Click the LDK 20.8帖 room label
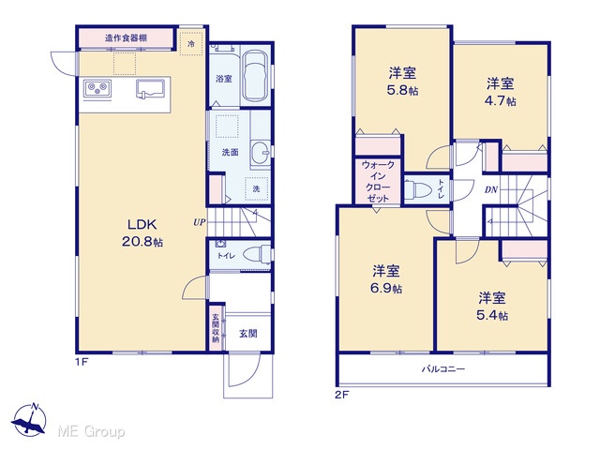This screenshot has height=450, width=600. pyautogui.click(x=142, y=233)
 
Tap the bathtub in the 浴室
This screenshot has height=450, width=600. pyautogui.click(x=256, y=76)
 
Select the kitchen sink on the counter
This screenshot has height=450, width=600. pyautogui.click(x=150, y=89)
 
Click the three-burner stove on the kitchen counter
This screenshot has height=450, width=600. pyautogui.click(x=97, y=90)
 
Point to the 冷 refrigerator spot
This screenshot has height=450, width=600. pyautogui.click(x=191, y=44)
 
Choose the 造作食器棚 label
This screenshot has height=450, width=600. pyautogui.click(x=126, y=37)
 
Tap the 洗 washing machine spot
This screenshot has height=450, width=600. pyautogui.click(x=256, y=188)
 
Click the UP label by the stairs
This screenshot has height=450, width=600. pyautogui.click(x=199, y=222)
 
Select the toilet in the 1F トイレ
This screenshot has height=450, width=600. pyautogui.click(x=257, y=254)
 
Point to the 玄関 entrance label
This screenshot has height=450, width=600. pyautogui.click(x=247, y=334)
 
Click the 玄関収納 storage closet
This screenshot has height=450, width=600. pyautogui.click(x=216, y=327)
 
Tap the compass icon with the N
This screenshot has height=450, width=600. pyautogui.click(x=29, y=420)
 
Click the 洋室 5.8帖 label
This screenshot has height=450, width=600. pyautogui.click(x=402, y=82)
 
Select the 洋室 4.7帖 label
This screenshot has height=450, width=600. pyautogui.click(x=501, y=92)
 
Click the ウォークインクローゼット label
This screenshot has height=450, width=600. pyautogui.click(x=378, y=181)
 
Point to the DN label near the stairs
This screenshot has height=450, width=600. pyautogui.click(x=491, y=189)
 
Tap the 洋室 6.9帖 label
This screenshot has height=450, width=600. pyautogui.click(x=386, y=279)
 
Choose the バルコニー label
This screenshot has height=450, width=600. pyautogui.click(x=443, y=369)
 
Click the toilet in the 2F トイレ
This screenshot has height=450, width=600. pyautogui.click(x=418, y=189)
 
